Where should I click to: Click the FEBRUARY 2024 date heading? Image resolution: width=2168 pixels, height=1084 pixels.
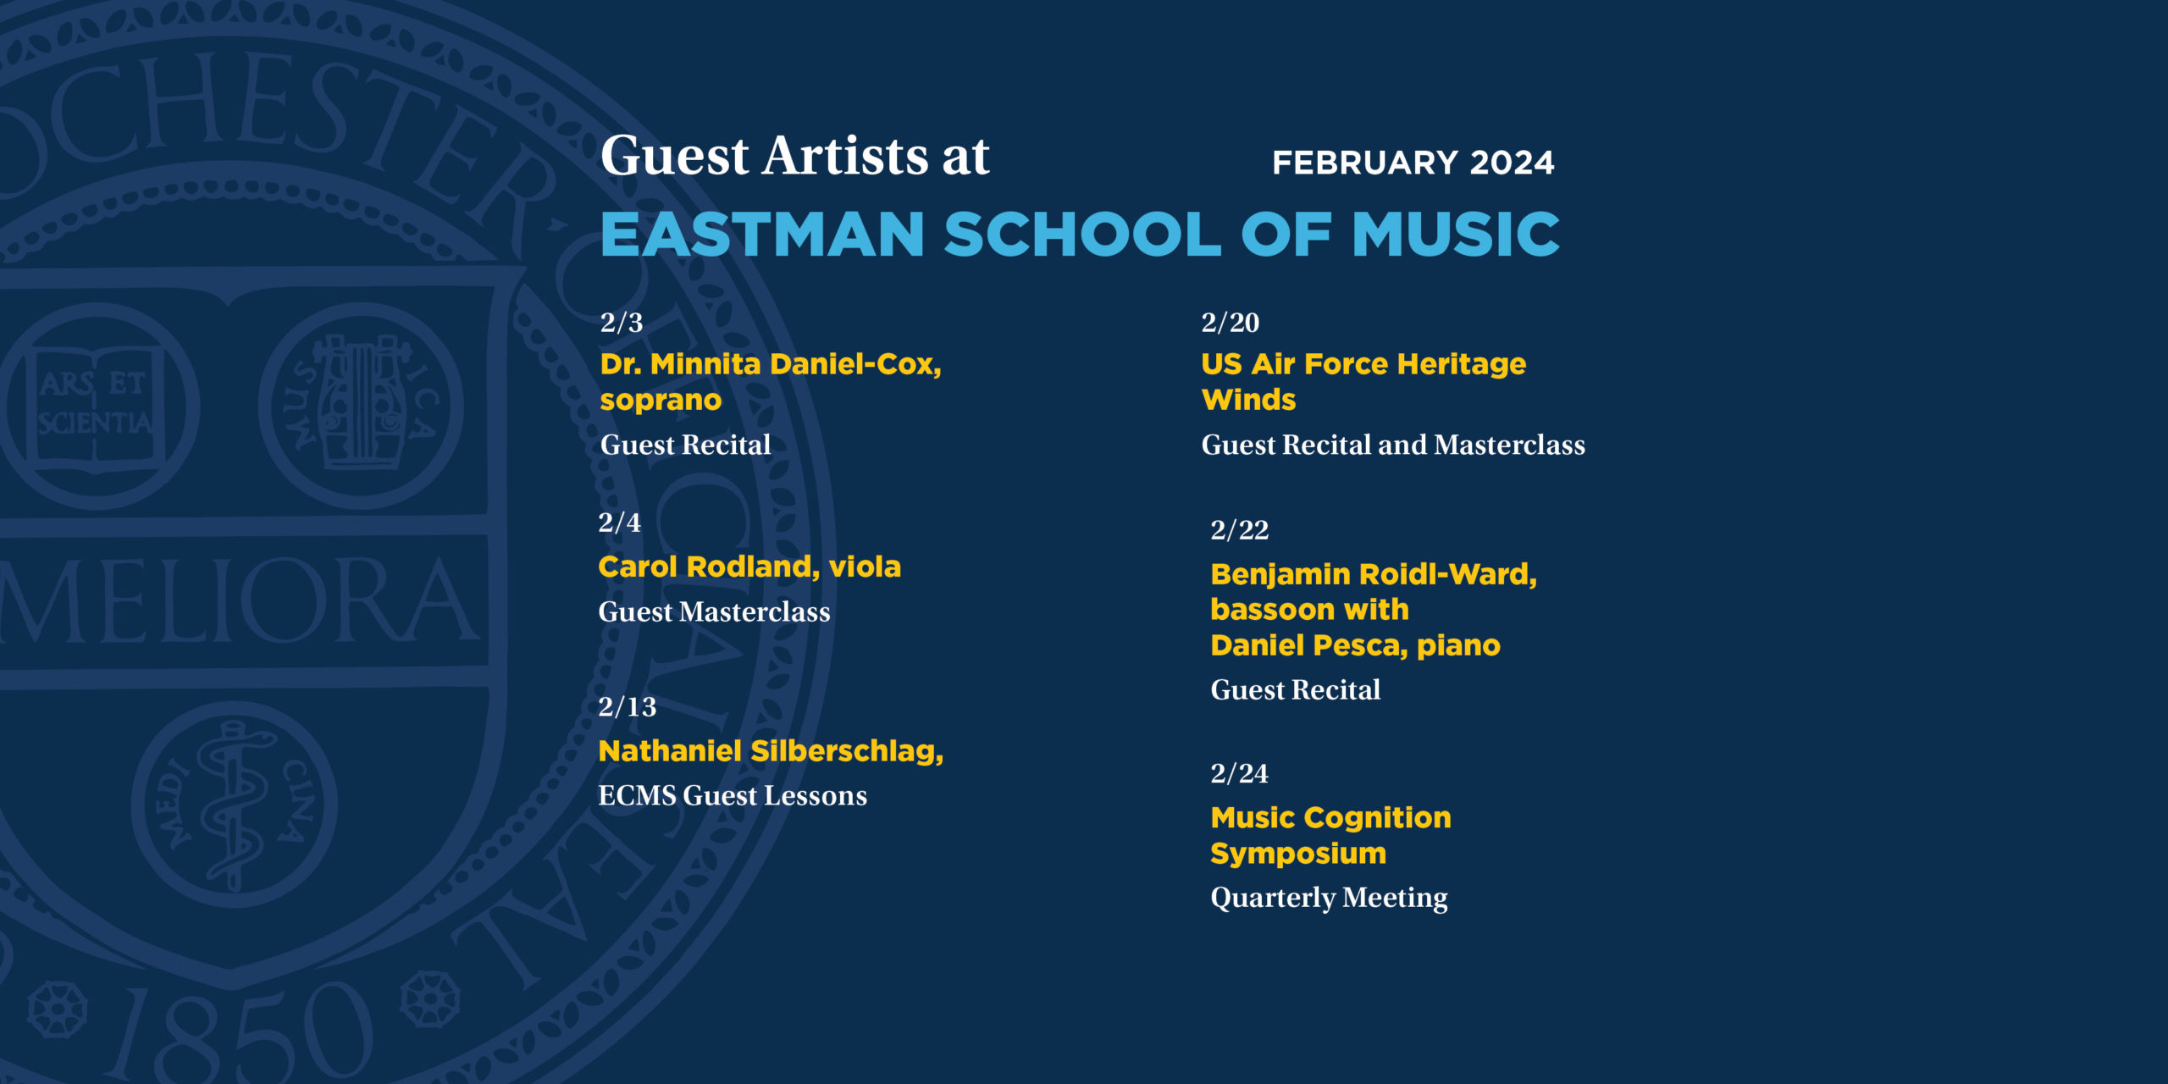coord(1413,163)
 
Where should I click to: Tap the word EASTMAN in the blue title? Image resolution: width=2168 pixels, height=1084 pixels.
coord(762,234)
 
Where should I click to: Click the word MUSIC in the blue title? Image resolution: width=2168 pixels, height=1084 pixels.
coord(1456,234)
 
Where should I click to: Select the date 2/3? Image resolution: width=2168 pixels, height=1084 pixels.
coord(622,323)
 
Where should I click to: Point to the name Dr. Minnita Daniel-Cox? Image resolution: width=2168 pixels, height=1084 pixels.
coord(768,364)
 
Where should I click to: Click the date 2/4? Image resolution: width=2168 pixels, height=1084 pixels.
coord(620,523)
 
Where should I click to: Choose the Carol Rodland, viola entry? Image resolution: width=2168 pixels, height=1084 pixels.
coord(749,567)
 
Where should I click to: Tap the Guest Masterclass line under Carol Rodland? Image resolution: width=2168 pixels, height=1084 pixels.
coord(714,612)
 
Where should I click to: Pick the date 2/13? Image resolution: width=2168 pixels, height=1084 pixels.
coord(628,707)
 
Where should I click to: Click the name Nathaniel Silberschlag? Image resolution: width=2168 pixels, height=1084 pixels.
coord(769,751)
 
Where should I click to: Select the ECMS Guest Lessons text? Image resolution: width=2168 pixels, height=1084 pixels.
coord(733,796)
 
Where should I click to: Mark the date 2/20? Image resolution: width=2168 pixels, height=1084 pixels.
coord(1231,323)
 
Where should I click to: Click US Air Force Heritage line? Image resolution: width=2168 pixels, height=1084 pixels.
coord(1363,364)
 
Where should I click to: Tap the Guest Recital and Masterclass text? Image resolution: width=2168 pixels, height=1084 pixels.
coord(1393,445)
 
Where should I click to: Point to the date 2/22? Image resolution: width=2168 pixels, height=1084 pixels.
coord(1240,530)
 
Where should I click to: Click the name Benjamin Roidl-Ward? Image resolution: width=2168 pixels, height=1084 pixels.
coord(1372,574)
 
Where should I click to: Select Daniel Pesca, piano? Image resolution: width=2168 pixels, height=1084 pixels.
coord(1355,645)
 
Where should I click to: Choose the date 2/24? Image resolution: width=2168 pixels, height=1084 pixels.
coord(1240,773)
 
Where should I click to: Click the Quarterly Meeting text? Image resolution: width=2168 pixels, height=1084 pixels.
coord(1329,898)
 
